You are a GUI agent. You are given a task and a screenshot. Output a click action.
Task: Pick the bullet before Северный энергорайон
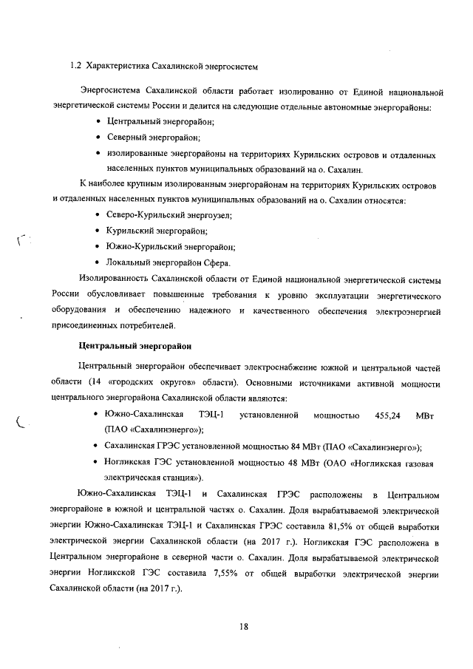tap(100, 137)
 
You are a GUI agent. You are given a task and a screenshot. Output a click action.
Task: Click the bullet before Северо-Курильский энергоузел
tap(100, 214)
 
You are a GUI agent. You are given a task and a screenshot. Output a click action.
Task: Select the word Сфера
tap(217, 262)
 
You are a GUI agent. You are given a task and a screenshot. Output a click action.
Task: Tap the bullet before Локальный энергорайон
tap(100, 262)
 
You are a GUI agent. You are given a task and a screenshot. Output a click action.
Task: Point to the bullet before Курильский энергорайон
tap(100, 231)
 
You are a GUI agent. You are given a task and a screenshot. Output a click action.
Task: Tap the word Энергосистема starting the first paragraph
tap(112, 92)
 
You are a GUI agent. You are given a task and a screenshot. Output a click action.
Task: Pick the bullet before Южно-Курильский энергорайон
tap(100, 246)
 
